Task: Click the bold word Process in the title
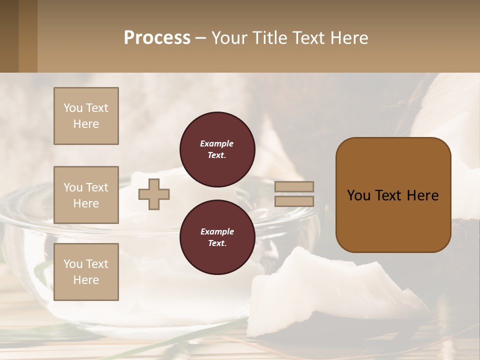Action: (x=157, y=38)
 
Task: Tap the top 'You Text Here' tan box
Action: (x=86, y=116)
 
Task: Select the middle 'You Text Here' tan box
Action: (x=86, y=195)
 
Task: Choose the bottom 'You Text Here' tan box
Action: (x=86, y=272)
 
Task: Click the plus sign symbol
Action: (x=154, y=194)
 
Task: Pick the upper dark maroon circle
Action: (x=217, y=149)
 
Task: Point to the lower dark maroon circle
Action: (x=217, y=237)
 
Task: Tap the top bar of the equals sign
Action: (x=294, y=187)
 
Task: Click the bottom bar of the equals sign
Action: (x=294, y=201)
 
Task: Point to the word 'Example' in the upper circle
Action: (x=217, y=143)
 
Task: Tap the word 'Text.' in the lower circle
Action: (x=217, y=243)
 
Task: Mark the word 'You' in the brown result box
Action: (x=359, y=195)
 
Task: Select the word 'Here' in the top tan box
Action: (x=86, y=124)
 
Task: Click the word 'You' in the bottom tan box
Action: (x=73, y=264)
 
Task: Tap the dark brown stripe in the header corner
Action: (x=9, y=36)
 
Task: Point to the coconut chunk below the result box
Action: (x=330, y=290)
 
